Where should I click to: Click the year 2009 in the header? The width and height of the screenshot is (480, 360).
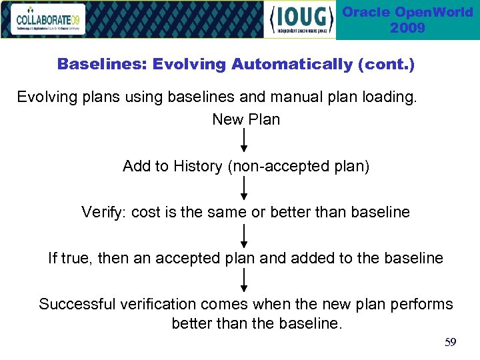407,28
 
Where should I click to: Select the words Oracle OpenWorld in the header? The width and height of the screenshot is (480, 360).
407,12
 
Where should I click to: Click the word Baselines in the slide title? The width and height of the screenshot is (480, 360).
101,65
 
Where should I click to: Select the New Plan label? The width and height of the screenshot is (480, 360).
246,120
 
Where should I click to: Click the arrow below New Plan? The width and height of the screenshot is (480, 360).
245,141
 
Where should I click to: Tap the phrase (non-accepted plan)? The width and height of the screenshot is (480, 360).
299,167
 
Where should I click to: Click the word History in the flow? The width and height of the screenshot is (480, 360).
198,167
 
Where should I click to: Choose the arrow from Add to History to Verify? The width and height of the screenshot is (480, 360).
245,189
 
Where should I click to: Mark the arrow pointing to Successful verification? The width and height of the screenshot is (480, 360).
245,281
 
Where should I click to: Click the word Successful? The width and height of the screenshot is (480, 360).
77,305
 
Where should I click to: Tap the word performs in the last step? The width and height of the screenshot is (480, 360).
423,305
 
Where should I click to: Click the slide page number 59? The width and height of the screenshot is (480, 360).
451,343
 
